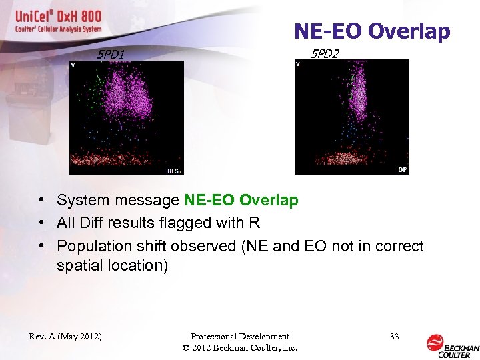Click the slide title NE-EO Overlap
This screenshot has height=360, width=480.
click(x=372, y=31)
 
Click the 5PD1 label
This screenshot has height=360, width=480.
click(x=111, y=54)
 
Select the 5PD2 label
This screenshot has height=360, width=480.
click(x=325, y=53)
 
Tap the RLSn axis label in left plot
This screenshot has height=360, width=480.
click(x=174, y=171)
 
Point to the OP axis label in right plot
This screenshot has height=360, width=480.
click(x=402, y=170)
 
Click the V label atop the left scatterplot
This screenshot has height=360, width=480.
click(x=73, y=65)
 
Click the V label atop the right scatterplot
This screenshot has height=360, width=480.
click(x=298, y=64)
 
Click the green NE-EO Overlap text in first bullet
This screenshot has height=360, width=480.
click(x=241, y=200)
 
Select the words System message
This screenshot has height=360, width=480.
click(x=117, y=200)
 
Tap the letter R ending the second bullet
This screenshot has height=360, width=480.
click(x=255, y=223)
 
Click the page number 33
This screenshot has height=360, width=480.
click(x=395, y=337)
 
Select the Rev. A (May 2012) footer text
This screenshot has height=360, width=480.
click(x=65, y=337)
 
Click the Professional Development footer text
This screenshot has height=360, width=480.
click(x=239, y=337)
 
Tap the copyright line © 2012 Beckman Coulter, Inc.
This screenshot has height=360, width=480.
click(x=239, y=348)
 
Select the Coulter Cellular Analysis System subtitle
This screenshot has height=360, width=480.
click(x=59, y=29)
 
